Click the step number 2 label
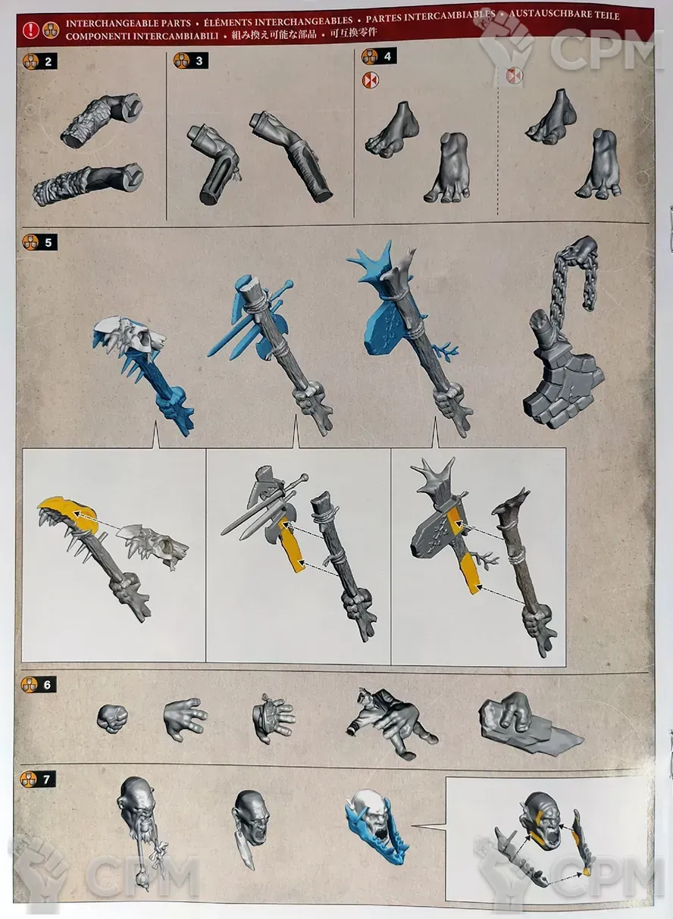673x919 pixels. (x=48, y=62)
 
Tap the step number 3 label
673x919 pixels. (x=199, y=61)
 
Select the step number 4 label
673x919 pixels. (x=387, y=56)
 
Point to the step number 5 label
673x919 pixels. (x=48, y=242)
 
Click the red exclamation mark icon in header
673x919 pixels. (x=31, y=30)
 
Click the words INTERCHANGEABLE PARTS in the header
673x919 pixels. (x=128, y=23)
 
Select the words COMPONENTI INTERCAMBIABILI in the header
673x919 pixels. (x=142, y=36)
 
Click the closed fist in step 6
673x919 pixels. (x=112, y=718)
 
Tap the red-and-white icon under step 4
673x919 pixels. (x=371, y=80)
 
